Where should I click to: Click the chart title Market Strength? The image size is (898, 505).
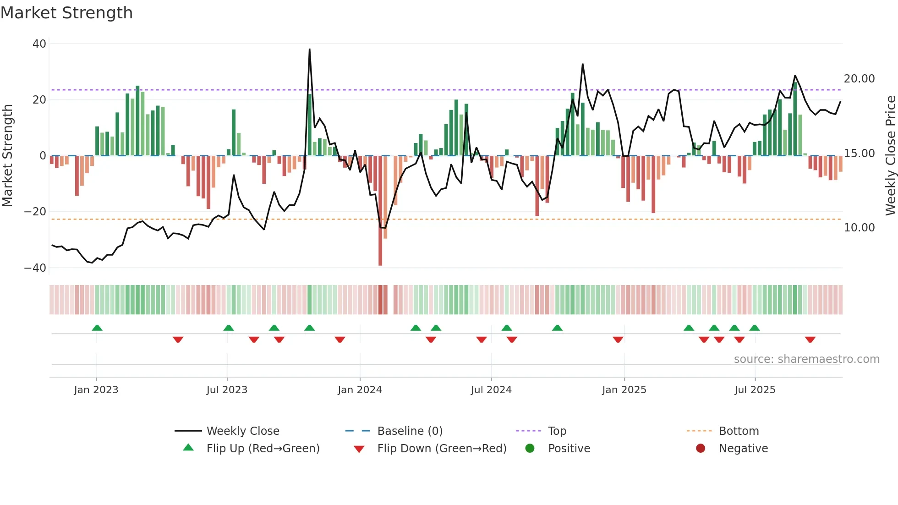[x=66, y=13]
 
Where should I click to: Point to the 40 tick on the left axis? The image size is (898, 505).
[x=39, y=44]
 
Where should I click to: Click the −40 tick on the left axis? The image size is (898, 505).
[x=35, y=268]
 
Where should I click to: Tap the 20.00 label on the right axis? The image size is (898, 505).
[x=859, y=79]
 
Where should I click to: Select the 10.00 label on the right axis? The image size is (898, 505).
[x=859, y=228]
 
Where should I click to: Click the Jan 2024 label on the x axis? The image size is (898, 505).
[x=360, y=390]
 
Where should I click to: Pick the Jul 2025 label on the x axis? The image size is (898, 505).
[x=755, y=390]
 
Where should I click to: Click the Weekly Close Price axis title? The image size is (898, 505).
[x=890, y=156]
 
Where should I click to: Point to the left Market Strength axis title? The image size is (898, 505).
[x=7, y=156]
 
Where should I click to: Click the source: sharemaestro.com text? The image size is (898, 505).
[x=806, y=359]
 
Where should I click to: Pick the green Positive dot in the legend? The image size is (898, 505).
[x=530, y=449]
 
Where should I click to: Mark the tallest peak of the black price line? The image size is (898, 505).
[x=310, y=49]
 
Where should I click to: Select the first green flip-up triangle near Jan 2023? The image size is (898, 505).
[x=97, y=328]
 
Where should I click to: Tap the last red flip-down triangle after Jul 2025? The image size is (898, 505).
[x=810, y=340]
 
